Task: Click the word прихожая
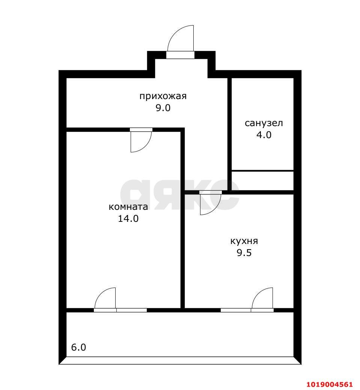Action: [x=163, y=96]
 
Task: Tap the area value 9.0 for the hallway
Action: [x=163, y=108]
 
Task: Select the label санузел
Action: [x=264, y=123]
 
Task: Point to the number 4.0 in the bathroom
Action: [x=264, y=135]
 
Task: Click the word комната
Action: [x=128, y=207]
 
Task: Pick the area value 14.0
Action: [x=128, y=218]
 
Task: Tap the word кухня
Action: [x=244, y=241]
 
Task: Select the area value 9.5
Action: [x=244, y=253]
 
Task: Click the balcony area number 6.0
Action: [x=78, y=347]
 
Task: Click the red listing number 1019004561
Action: [x=329, y=384]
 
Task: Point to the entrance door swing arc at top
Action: [x=174, y=33]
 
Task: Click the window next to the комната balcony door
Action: [x=132, y=310]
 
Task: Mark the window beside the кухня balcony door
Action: [x=236, y=310]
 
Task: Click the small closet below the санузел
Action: [x=263, y=181]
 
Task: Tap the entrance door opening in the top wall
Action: [x=180, y=55]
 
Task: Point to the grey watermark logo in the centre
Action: [x=180, y=194]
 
